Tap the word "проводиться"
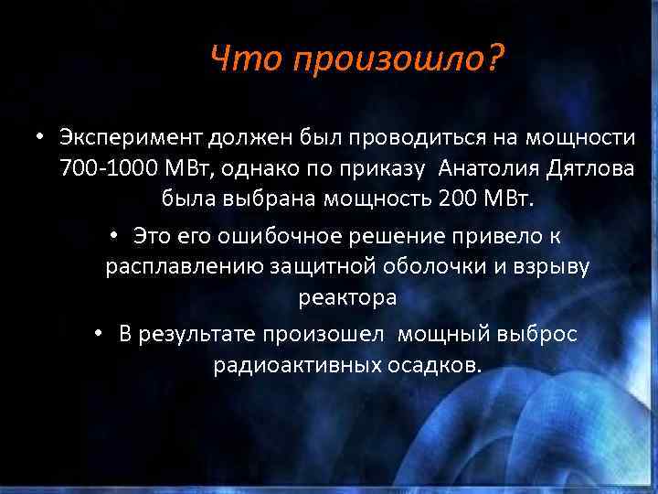pos(413,138)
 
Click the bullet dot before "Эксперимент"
pos(42,138)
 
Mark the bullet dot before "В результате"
pos(100,335)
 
